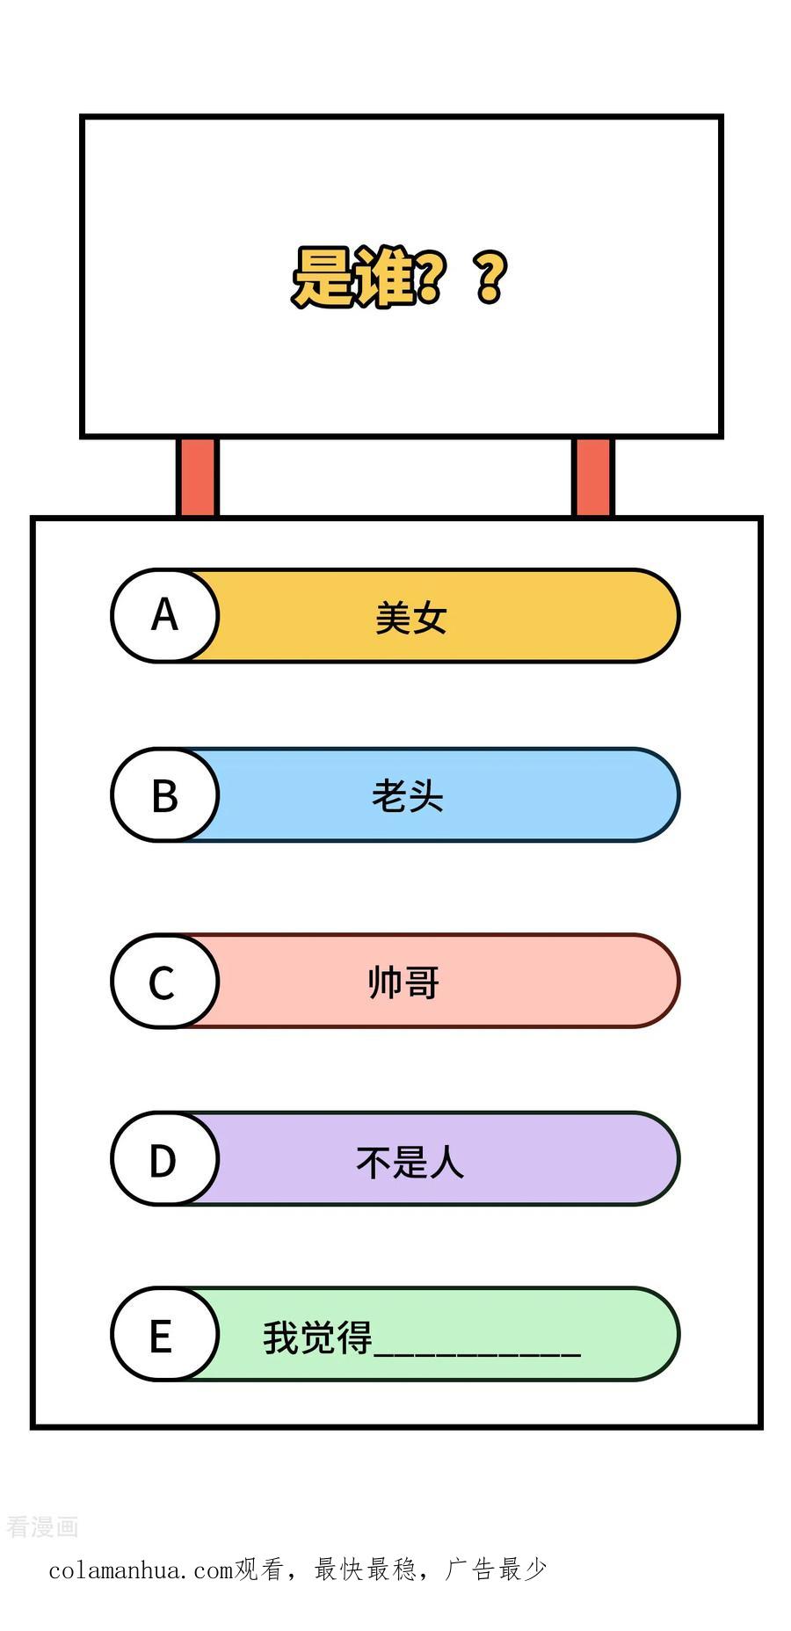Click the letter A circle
[164, 615]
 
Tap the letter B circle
[164, 795]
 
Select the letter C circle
[164, 981]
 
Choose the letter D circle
[164, 1159]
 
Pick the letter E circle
[164, 1335]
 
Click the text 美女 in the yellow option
[411, 618]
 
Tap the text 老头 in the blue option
[408, 797]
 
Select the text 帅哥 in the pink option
[404, 982]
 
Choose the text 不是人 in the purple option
[410, 1162]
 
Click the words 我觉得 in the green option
[318, 1337]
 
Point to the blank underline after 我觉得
[477, 1354]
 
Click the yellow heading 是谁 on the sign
[352, 277]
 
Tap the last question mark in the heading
[491, 278]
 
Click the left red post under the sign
[197, 477]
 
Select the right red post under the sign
[593, 477]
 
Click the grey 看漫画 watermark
[42, 1527]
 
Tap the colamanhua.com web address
[142, 1570]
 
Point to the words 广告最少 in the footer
[497, 1569]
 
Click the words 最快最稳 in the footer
[366, 1569]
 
